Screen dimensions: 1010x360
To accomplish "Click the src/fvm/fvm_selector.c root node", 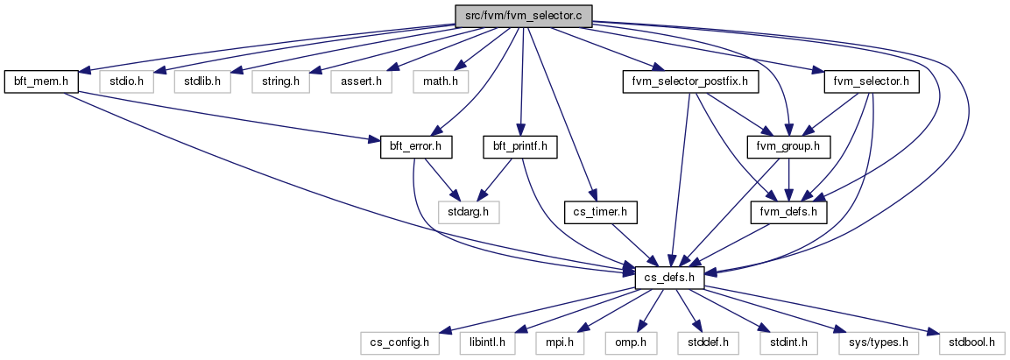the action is click(523, 16).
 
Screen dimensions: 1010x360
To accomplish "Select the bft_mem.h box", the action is click(41, 82).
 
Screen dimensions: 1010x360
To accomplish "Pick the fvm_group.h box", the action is click(789, 147).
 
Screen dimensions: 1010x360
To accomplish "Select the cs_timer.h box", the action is click(600, 211).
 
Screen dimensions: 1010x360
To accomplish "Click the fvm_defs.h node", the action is click(790, 211).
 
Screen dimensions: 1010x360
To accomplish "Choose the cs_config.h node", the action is click(399, 342).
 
